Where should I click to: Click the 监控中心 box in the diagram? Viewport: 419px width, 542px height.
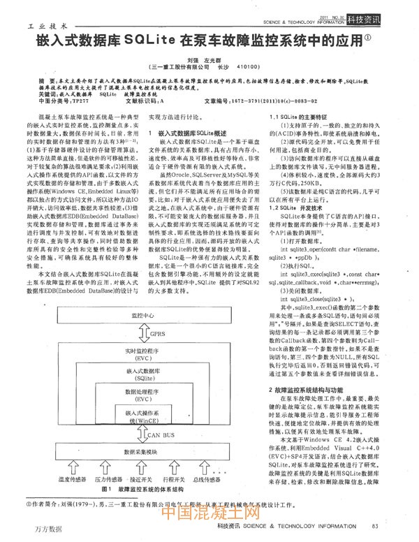[142, 316]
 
